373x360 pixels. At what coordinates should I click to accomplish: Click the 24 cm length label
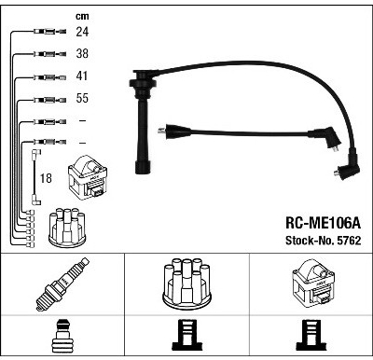(x=82, y=32)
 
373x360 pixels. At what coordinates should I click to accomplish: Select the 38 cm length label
(x=82, y=54)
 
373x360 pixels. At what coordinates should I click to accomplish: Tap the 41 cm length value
(x=82, y=76)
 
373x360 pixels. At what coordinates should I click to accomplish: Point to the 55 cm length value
(x=82, y=98)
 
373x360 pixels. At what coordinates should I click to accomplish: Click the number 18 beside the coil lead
(x=46, y=178)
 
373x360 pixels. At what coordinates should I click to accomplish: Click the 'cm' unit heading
(x=82, y=16)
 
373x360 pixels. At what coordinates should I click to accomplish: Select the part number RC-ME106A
(x=323, y=223)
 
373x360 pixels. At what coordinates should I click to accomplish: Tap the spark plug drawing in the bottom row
(x=62, y=284)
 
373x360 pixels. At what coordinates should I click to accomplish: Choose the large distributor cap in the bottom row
(x=186, y=284)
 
